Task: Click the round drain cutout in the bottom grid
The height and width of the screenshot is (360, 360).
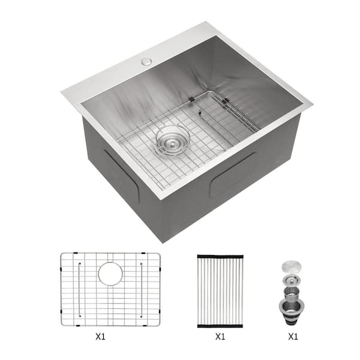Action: pyautogui.click(x=110, y=274)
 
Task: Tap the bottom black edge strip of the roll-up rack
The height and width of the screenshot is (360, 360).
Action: pyautogui.click(x=220, y=325)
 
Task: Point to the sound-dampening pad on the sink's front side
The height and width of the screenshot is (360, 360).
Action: pyautogui.click(x=233, y=175)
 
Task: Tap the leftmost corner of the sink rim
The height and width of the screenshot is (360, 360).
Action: pyautogui.click(x=61, y=91)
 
